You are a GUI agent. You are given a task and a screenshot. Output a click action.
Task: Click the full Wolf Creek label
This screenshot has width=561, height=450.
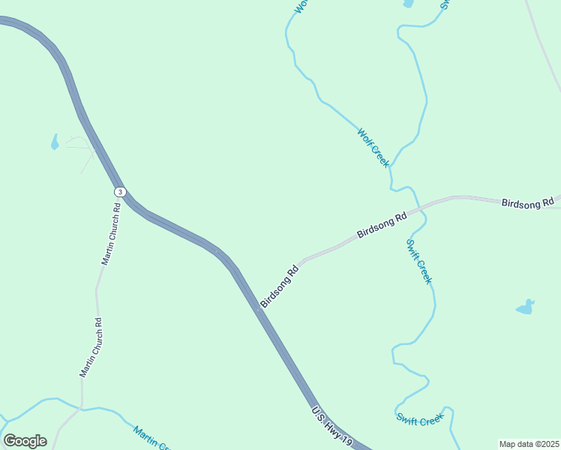click(373, 148)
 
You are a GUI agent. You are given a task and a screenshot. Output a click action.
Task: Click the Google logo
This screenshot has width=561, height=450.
click(25, 441)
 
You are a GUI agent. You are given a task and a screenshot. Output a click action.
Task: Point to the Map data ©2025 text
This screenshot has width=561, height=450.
click(529, 444)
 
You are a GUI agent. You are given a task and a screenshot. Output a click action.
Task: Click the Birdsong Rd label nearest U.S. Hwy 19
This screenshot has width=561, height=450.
click(280, 286)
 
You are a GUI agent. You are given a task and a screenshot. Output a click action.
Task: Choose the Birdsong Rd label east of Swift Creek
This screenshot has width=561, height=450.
click(526, 202)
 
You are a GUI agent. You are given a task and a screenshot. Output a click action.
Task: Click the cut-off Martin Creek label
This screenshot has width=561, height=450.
click(153, 438)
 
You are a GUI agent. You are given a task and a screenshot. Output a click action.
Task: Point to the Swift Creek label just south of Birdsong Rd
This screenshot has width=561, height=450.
click(419, 261)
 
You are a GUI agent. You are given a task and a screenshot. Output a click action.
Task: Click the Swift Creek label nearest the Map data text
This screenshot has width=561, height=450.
click(420, 420)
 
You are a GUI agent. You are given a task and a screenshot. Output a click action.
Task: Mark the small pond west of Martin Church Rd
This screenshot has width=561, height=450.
click(54, 142)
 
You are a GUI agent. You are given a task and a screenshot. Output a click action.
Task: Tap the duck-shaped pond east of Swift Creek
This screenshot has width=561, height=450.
click(526, 307)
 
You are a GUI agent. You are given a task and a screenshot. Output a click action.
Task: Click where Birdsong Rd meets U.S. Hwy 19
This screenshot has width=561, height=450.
click(259, 307)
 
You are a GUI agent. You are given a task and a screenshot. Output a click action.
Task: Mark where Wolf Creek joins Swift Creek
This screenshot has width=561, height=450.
click(391, 169)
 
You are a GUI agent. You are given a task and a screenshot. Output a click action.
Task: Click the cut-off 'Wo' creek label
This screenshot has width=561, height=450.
click(300, 7)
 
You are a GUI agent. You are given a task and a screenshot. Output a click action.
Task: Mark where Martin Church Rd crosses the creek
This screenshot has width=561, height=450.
click(79, 409)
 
